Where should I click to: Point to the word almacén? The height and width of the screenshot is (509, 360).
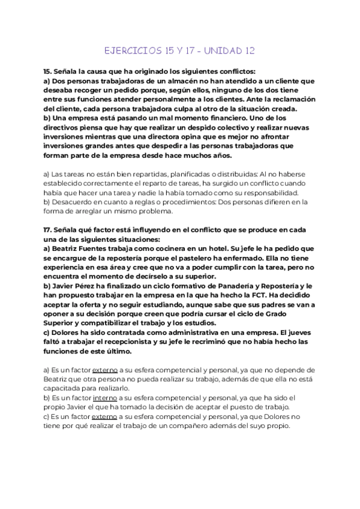[x=185, y=79]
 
